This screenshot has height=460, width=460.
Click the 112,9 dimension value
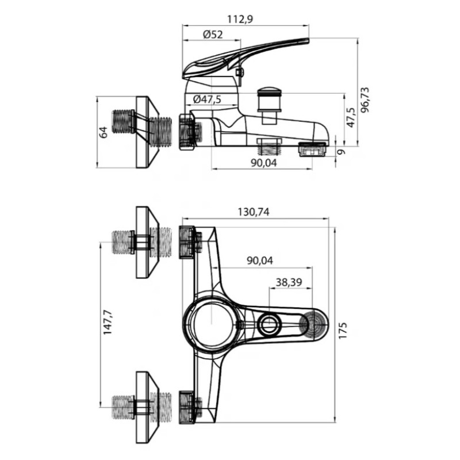click(x=240, y=20)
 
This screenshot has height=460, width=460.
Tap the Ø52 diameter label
click(x=213, y=34)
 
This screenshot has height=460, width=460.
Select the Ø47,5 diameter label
click(x=207, y=99)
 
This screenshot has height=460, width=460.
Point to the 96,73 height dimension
click(x=365, y=100)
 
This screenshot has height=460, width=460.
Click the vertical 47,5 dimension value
click(x=351, y=117)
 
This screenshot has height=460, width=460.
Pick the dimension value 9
click(x=341, y=152)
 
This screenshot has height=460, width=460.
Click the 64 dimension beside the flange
click(x=103, y=132)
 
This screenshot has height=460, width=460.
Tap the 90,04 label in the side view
click(x=264, y=163)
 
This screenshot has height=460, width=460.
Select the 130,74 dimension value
click(x=254, y=212)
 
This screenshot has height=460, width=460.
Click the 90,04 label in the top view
click(x=260, y=260)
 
